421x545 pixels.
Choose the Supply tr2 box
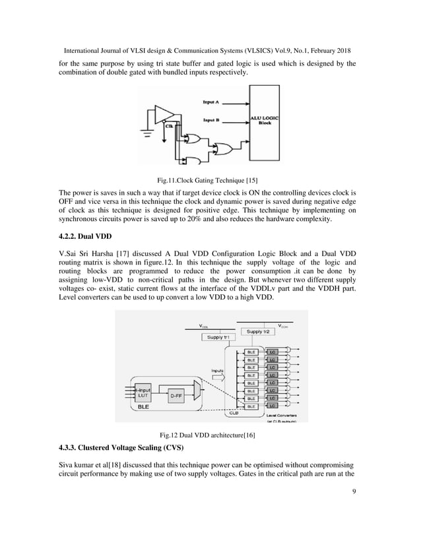[x=259, y=331]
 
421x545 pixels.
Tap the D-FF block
[x=176, y=395]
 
